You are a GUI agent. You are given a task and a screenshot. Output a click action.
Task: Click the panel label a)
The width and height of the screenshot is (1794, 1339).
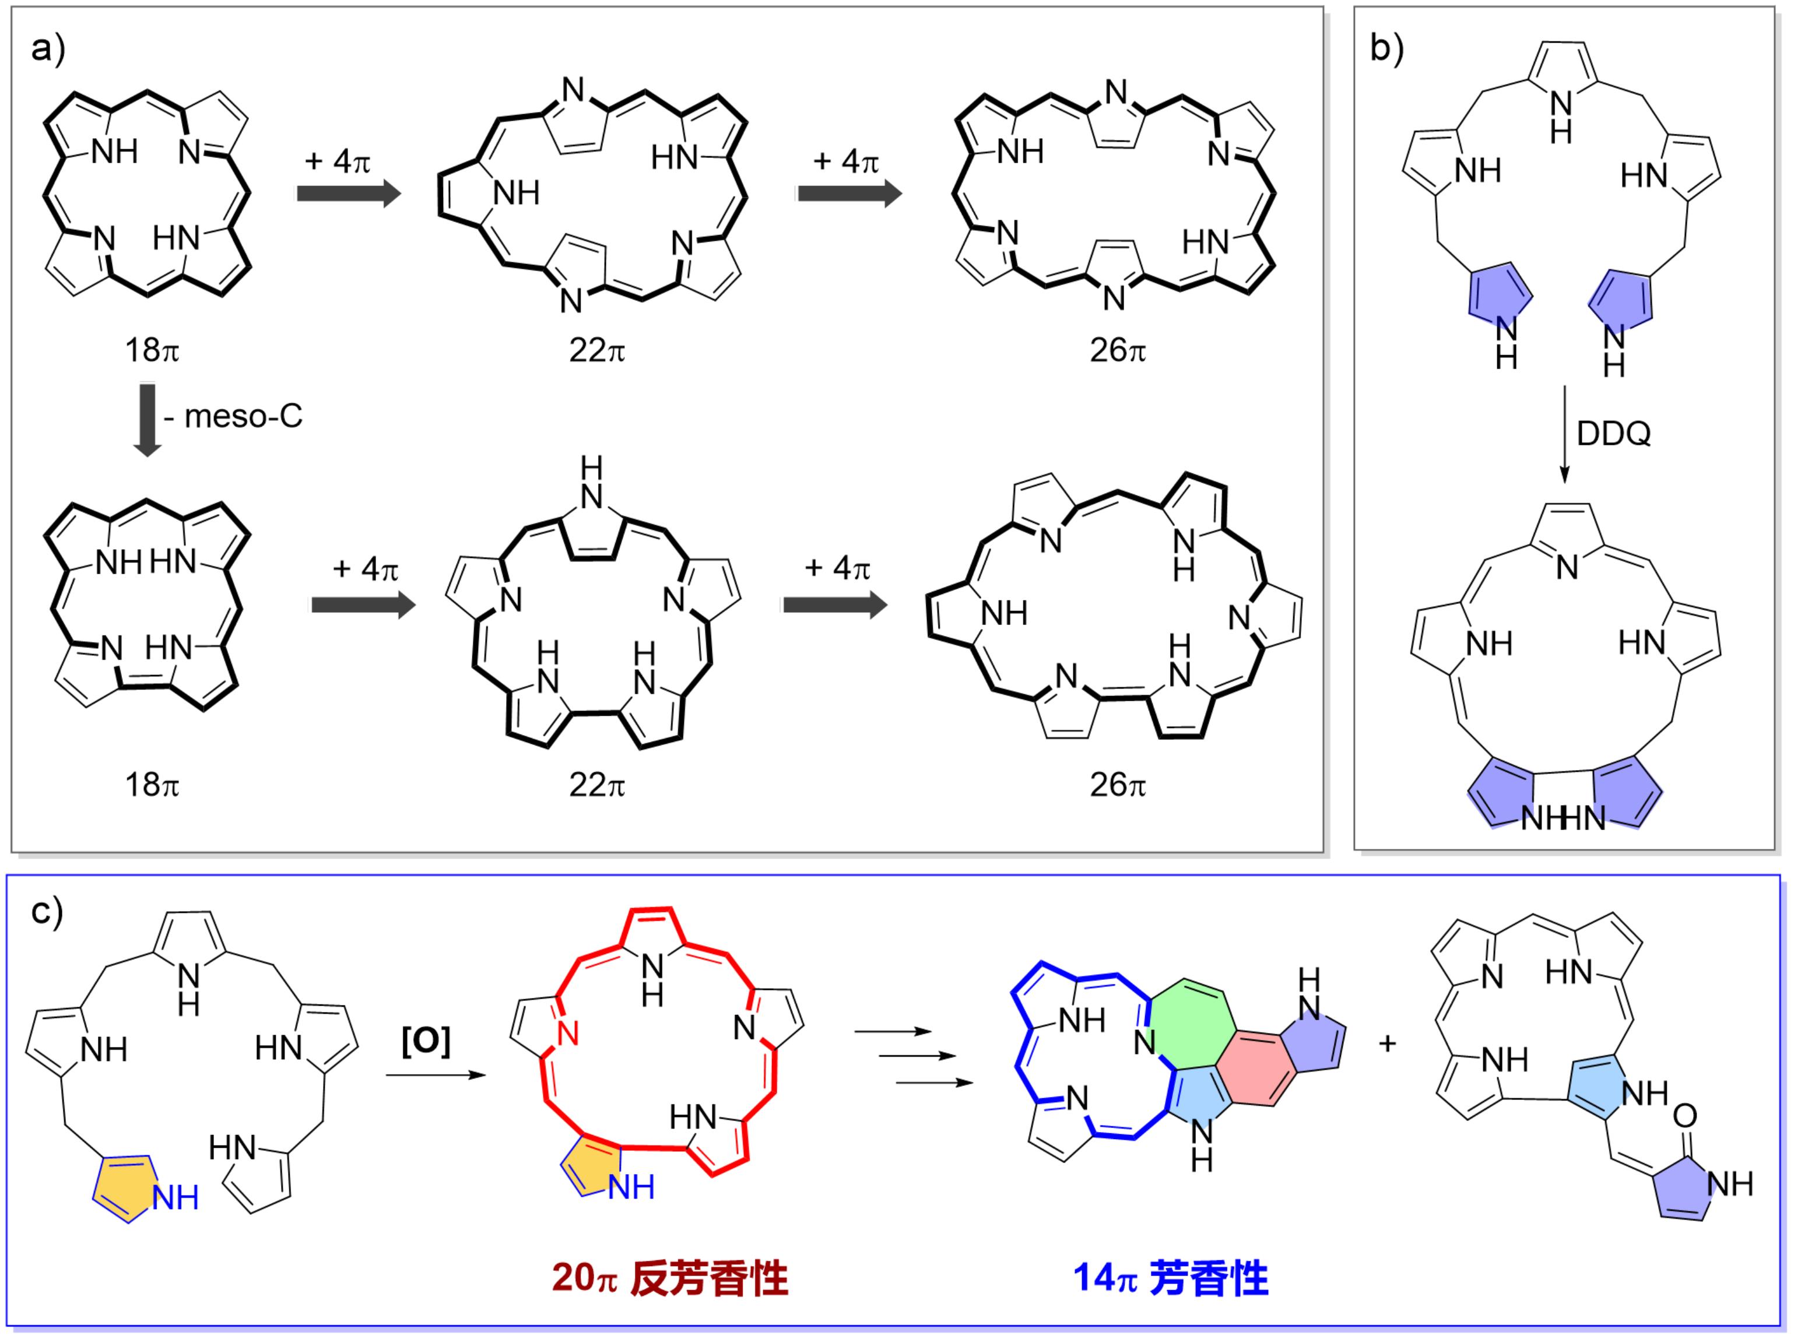[47, 50]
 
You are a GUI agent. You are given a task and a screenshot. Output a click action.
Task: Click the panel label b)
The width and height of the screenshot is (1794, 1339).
[1387, 50]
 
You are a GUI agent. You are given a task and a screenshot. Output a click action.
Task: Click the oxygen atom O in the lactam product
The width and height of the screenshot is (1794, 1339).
[1684, 1116]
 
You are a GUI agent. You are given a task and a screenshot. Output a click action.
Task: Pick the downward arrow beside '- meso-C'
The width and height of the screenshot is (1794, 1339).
[148, 421]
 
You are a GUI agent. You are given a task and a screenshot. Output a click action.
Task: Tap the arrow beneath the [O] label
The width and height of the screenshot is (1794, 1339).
[436, 1076]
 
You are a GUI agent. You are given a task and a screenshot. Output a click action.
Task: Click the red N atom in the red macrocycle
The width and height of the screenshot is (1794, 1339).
[567, 1034]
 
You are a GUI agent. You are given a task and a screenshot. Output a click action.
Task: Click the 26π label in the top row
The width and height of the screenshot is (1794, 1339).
[1117, 350]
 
